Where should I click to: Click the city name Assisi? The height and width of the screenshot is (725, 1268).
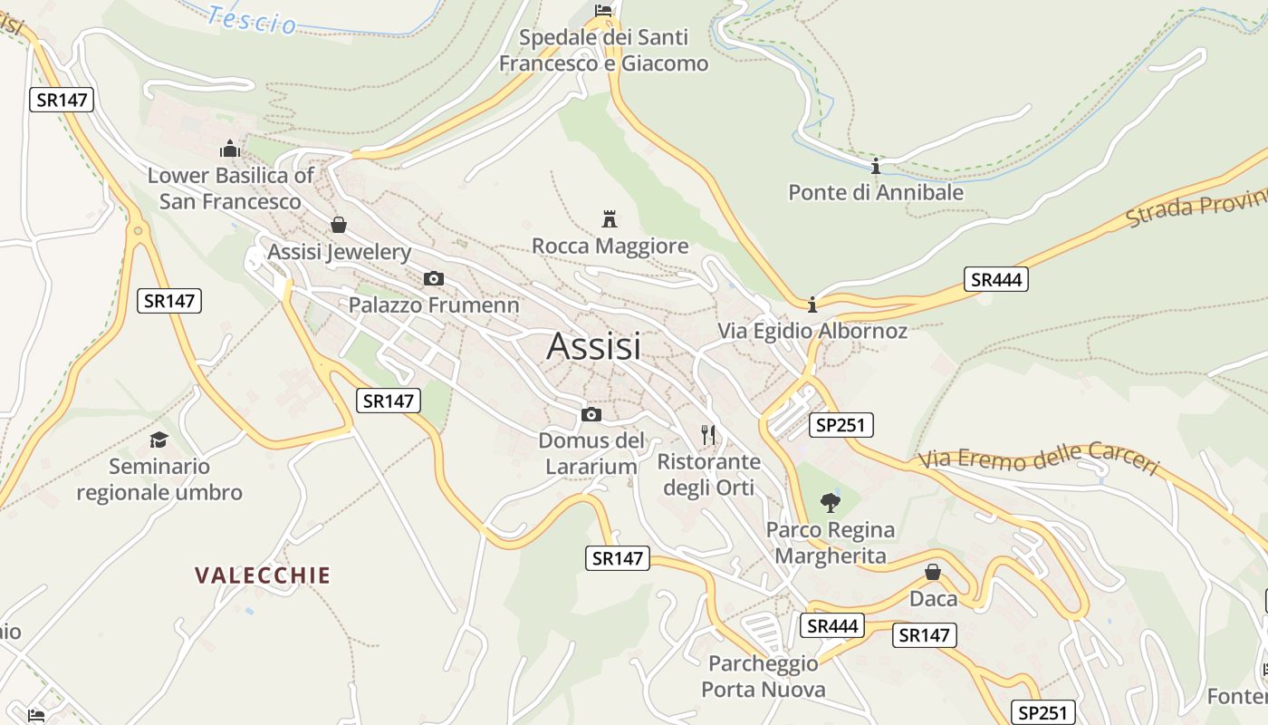[593, 346]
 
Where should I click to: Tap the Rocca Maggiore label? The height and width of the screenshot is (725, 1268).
[610, 246]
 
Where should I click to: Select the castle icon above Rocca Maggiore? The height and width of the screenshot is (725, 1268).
[610, 219]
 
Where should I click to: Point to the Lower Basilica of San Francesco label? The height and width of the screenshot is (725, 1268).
[230, 188]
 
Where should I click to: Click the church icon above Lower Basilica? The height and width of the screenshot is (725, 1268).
[230, 148]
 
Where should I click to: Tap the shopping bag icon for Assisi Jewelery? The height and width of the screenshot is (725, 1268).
[339, 225]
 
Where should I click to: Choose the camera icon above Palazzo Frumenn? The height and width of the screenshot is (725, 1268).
[434, 278]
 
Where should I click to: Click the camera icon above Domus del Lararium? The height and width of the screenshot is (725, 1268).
[591, 414]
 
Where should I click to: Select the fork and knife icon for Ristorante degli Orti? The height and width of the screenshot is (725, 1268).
[708, 435]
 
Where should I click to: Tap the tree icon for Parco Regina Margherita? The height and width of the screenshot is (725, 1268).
[830, 502]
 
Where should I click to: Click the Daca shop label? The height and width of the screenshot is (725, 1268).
[933, 599]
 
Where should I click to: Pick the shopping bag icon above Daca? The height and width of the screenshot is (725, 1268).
[933, 572]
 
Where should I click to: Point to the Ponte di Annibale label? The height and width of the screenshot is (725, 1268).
[876, 192]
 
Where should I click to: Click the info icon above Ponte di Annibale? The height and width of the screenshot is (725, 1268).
[876, 166]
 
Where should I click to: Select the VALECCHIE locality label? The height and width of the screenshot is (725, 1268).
[263, 575]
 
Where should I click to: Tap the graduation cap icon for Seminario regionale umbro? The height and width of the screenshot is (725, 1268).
[159, 440]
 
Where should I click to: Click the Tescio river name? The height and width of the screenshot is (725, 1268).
[251, 18]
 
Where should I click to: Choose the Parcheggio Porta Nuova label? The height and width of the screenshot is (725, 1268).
[763, 677]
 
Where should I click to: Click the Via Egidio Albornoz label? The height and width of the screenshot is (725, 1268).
[812, 331]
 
